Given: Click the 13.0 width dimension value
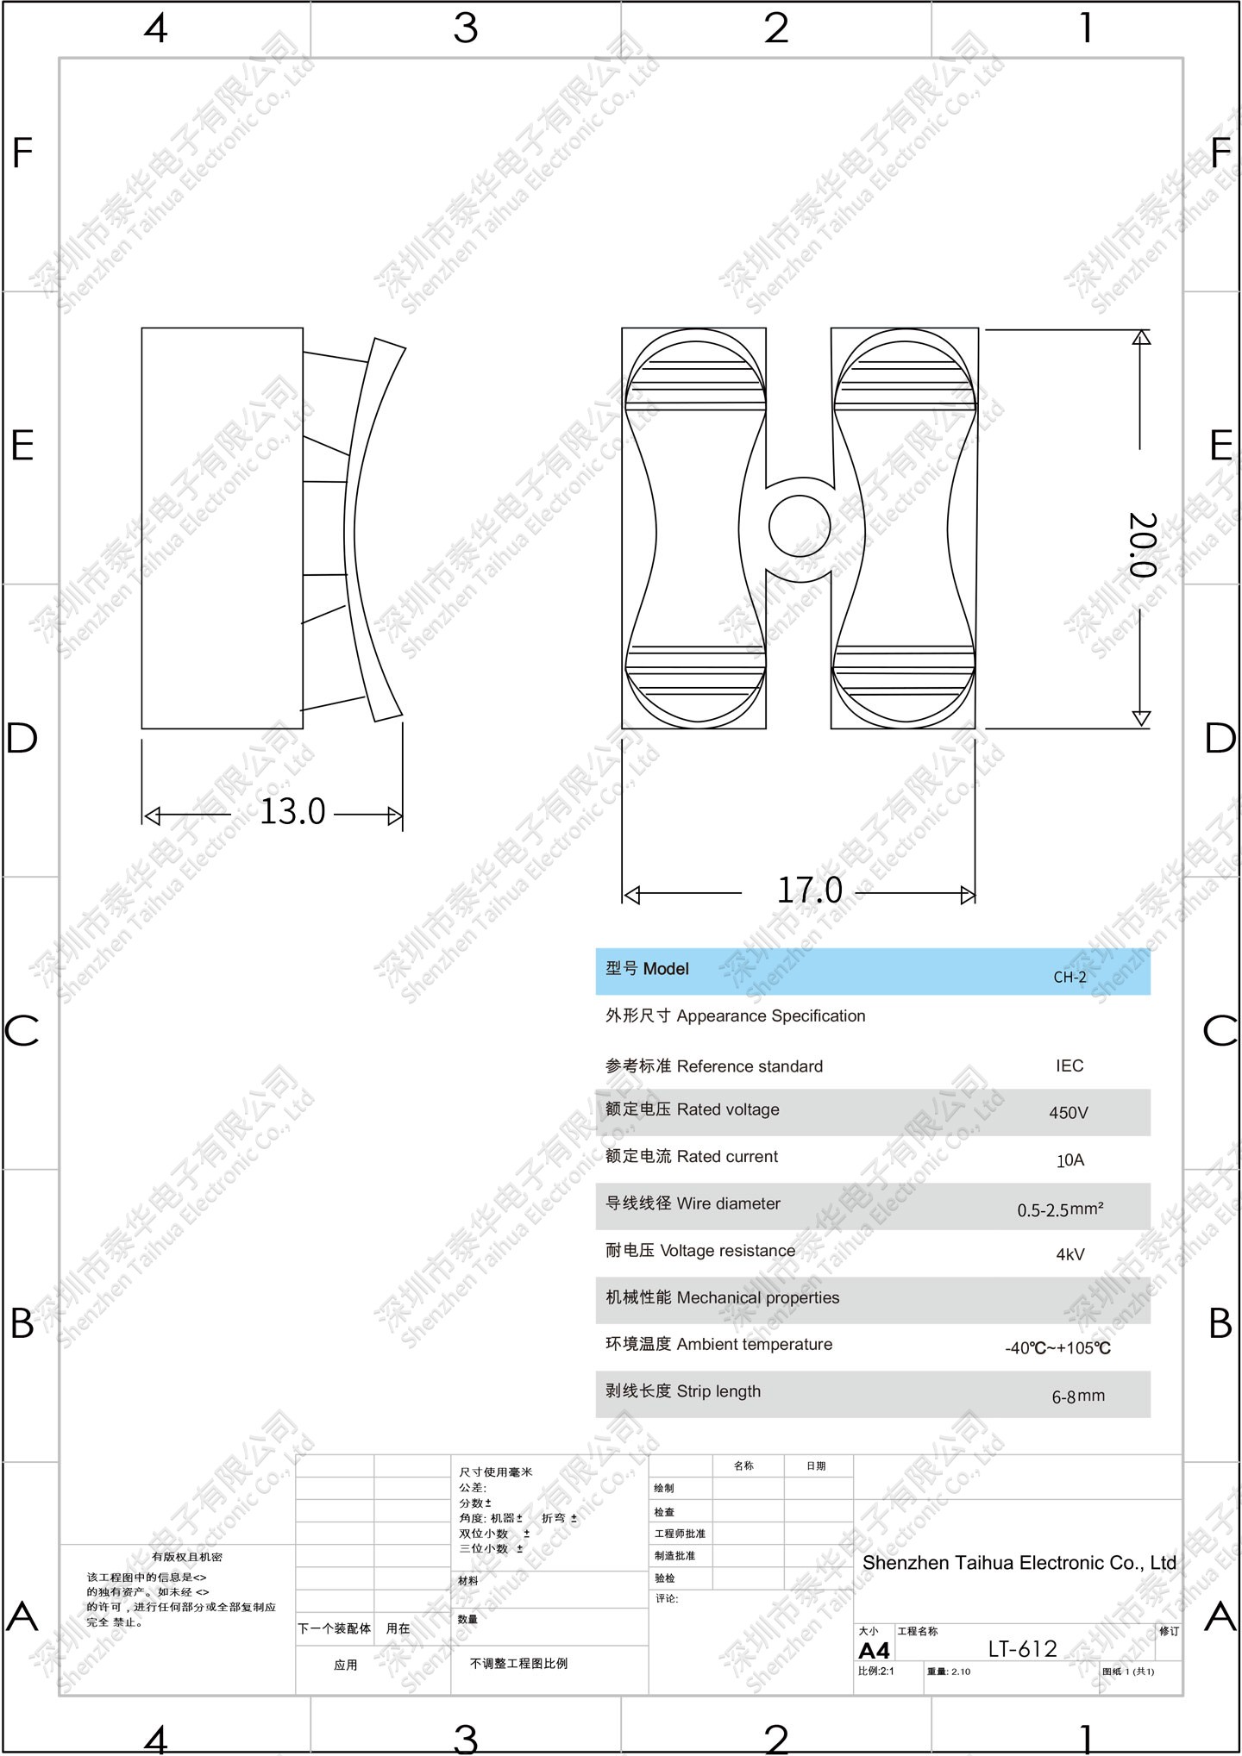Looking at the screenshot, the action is (x=292, y=812).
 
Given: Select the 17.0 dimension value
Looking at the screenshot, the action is (x=810, y=890).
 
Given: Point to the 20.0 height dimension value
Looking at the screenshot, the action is (x=1142, y=545).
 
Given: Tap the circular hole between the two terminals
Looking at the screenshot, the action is (x=800, y=526).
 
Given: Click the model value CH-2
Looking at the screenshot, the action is (x=1069, y=977).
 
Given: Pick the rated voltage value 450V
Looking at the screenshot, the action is (x=1069, y=1113).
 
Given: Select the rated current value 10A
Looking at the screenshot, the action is (x=1070, y=1160).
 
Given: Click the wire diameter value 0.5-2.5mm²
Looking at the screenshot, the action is (x=1060, y=1209).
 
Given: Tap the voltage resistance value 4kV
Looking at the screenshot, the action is (x=1070, y=1254).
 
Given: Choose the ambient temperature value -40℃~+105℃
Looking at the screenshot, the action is (x=1058, y=1348).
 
